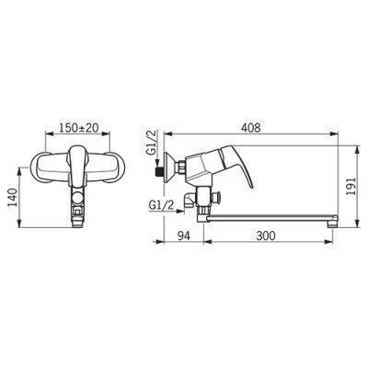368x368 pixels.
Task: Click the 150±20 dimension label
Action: coord(78,128)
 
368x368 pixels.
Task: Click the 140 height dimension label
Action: coord(12,198)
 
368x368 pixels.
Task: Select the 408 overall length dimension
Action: coord(250,128)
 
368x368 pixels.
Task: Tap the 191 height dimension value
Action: coord(350,188)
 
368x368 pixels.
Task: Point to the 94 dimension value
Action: coord(184,236)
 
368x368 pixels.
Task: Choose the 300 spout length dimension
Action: coord(266,236)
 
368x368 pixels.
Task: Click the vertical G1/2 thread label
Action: coord(153,145)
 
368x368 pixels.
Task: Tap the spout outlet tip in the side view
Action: coord(332,224)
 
